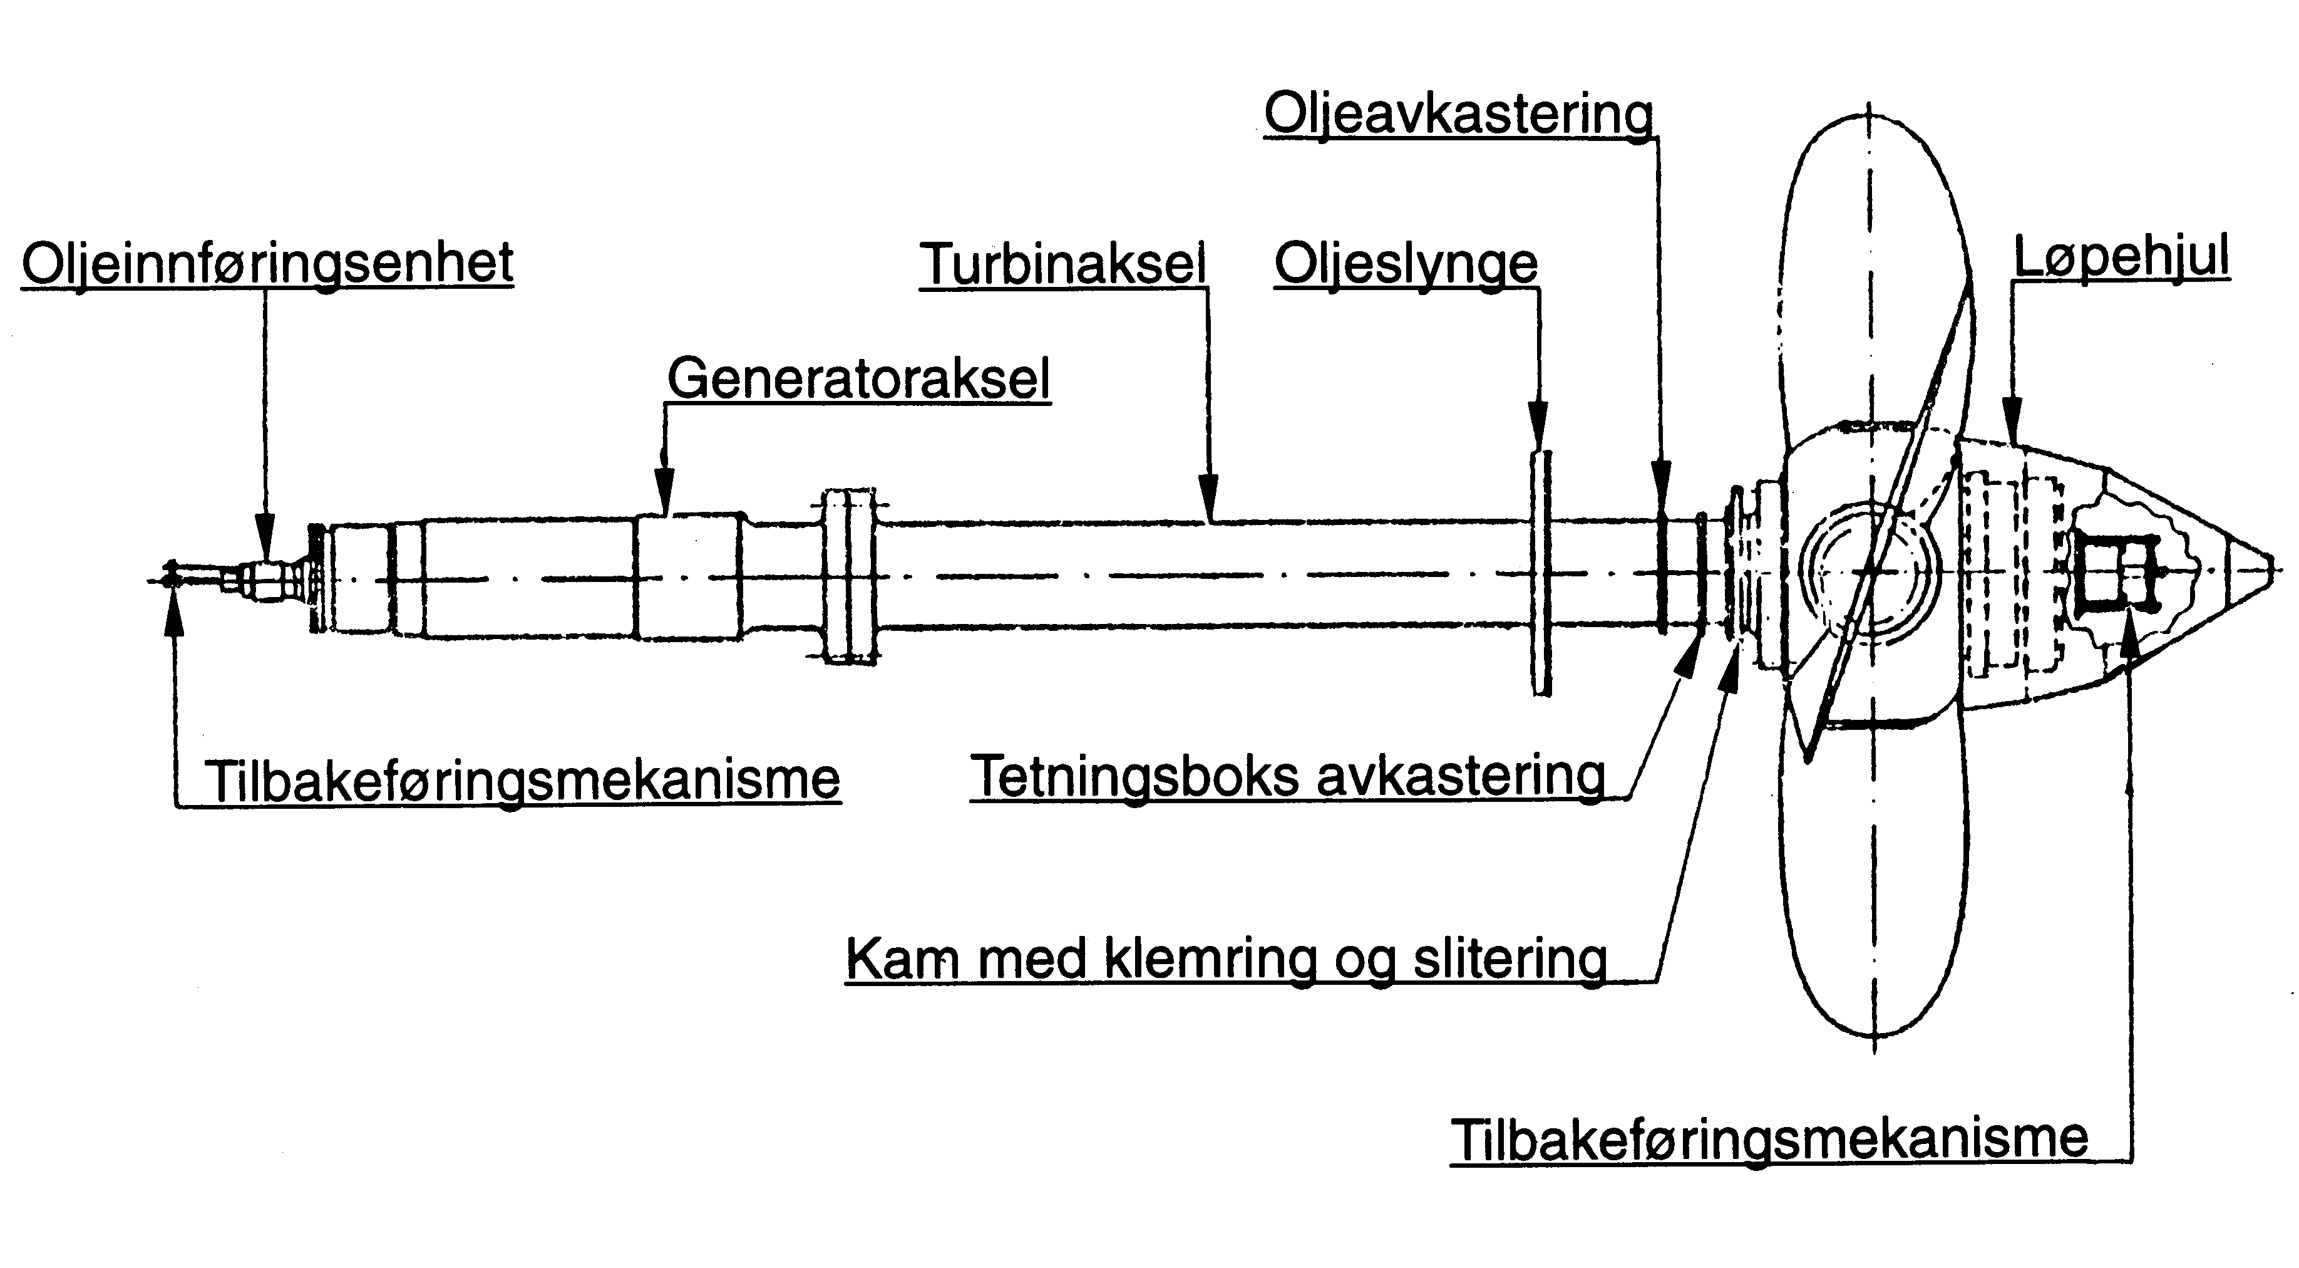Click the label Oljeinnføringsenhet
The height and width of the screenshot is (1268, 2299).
pos(268,263)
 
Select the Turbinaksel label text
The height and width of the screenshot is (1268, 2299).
pos(1063,264)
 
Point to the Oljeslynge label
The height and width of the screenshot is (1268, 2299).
pos(1406,264)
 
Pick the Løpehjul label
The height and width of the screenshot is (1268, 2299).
pos(2121,257)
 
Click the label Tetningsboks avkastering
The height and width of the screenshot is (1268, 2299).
pos(1288,775)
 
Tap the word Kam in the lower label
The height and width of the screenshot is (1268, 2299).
pos(902,960)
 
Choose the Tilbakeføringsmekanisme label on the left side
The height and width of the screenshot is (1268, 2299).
pos(522,779)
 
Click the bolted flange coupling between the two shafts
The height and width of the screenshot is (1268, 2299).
pos(849,575)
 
